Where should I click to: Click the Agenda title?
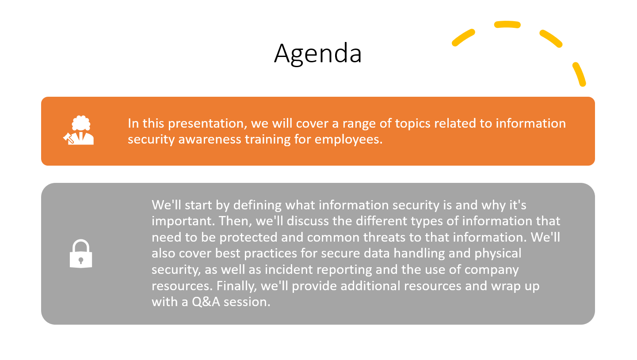pos(318,53)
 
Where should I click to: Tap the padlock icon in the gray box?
pos(81,254)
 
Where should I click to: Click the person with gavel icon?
pos(79,130)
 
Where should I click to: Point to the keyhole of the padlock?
pos(81,260)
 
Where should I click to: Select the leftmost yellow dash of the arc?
pos(463,37)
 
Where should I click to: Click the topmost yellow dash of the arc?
pos(507,24)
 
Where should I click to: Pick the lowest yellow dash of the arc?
pos(579,74)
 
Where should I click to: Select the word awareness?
pos(210,140)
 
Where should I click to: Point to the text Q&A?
pos(206,302)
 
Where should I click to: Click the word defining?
pos(257,205)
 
